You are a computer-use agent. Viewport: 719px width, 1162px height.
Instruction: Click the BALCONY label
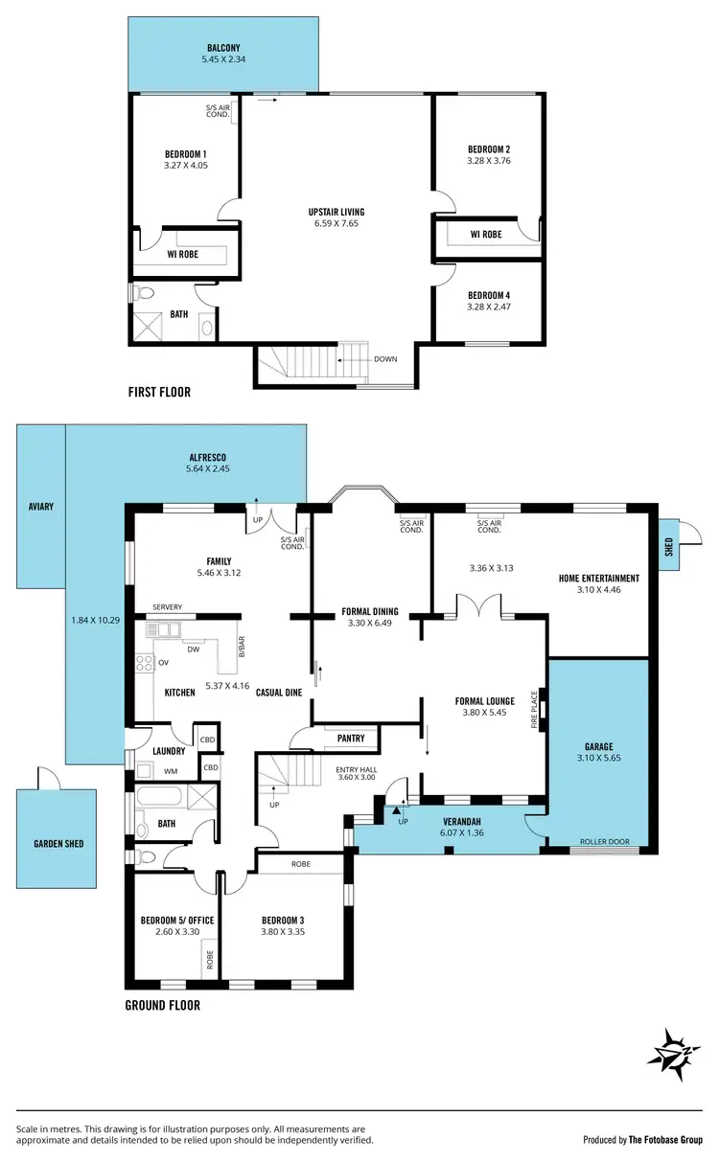pos(222,47)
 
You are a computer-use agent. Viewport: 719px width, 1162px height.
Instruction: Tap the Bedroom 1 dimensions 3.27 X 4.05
pos(186,165)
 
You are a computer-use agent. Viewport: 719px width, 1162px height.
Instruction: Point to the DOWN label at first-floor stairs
pos(386,359)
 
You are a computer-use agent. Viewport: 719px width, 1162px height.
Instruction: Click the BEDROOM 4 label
pos(488,295)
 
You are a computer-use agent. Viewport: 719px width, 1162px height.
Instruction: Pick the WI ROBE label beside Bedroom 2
pos(487,234)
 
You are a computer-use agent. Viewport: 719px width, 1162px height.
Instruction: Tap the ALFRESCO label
pos(210,457)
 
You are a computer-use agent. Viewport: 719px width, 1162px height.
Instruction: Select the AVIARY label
pos(41,506)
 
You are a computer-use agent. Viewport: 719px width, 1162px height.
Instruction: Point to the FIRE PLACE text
pos(535,710)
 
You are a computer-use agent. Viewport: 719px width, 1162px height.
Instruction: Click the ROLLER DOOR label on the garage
pos(603,842)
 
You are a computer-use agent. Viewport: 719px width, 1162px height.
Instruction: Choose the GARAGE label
pos(604,746)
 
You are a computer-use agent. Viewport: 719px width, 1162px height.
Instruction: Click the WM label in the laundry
pos(171,770)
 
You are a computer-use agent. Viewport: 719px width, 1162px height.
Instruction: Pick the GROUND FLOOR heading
pos(162,1006)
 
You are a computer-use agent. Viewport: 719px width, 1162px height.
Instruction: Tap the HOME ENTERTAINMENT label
pos(599,579)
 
